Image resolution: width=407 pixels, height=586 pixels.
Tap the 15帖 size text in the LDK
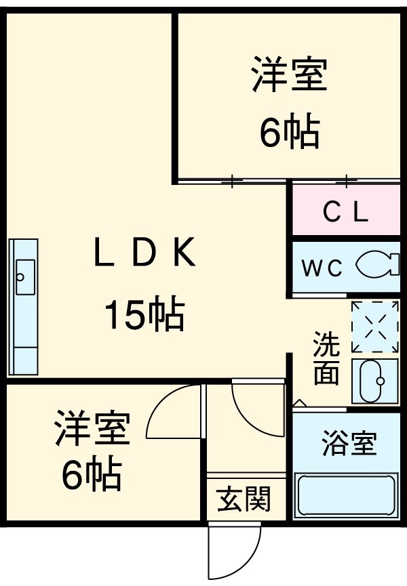coord(144,314)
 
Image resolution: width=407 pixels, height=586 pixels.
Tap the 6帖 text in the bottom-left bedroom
coord(92,476)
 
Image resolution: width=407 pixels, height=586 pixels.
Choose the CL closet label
coord(345,213)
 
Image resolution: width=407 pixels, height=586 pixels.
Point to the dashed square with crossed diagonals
coord(375,327)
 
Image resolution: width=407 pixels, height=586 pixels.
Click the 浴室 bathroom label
coord(349,446)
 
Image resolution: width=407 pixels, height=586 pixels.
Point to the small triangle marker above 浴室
coord(299,404)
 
